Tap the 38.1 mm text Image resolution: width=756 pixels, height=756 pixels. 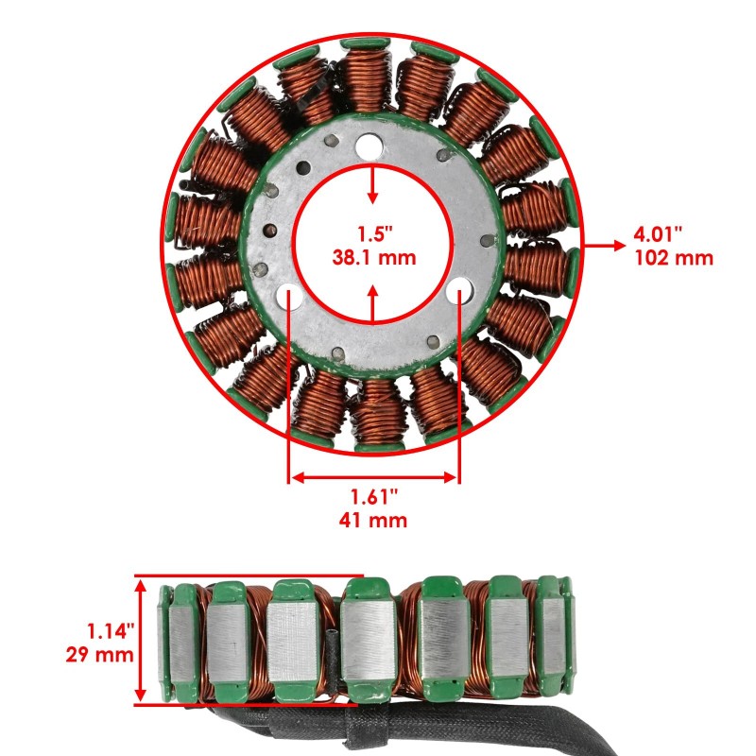coord(373,256)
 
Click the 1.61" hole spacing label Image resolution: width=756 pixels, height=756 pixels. coord(374,496)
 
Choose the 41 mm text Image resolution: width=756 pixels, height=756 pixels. coord(374,519)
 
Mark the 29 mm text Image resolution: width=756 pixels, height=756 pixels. coord(100,653)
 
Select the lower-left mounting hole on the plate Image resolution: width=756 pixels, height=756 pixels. coord(289,296)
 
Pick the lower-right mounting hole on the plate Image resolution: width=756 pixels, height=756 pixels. coord(459,289)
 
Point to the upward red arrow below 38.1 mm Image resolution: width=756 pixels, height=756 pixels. coord(373,302)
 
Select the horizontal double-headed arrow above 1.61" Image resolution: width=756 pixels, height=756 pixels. coord(374,478)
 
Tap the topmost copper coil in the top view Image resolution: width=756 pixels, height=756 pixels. coord(371,79)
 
